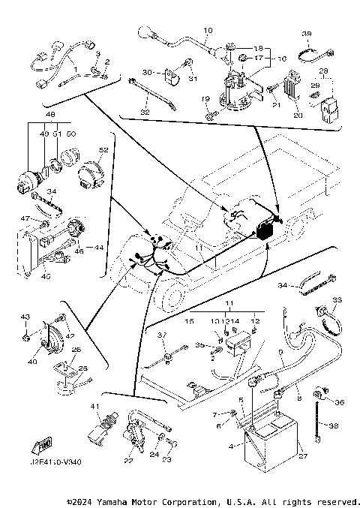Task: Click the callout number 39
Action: [306, 35]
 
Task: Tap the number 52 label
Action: [103, 150]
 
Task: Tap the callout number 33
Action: [336, 300]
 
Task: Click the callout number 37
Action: [160, 334]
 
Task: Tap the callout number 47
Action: [25, 218]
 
